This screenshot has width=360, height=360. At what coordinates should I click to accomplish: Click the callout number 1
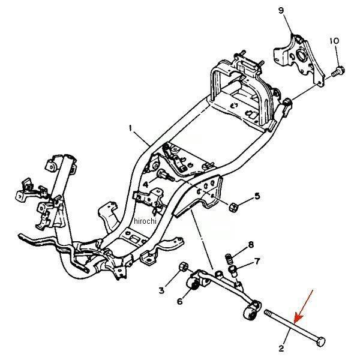pyautogui.click(x=130, y=127)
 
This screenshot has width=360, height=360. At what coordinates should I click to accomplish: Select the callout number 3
pyautogui.click(x=161, y=290)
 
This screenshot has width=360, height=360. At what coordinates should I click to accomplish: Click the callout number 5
pyautogui.click(x=257, y=196)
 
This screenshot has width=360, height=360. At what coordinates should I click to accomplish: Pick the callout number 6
pyautogui.click(x=179, y=301)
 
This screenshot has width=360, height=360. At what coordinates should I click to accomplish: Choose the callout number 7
pyautogui.click(x=257, y=262)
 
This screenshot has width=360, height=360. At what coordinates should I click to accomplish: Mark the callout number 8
pyautogui.click(x=251, y=245)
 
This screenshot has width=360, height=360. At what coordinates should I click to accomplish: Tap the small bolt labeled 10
pyautogui.click(x=339, y=71)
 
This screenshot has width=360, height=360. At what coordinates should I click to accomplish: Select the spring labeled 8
pyautogui.click(x=229, y=259)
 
